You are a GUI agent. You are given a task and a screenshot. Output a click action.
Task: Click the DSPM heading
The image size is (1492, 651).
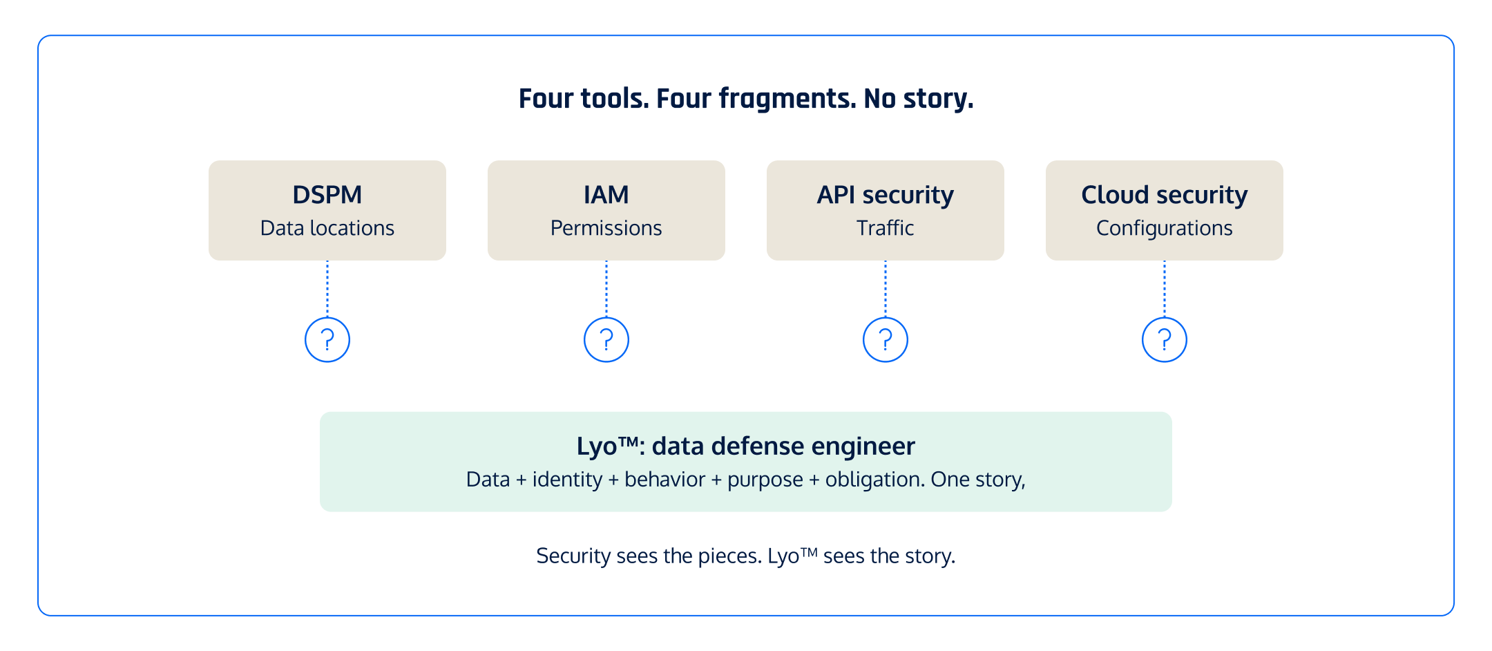click(x=327, y=195)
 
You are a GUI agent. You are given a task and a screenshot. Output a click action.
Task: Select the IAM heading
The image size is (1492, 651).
click(x=606, y=195)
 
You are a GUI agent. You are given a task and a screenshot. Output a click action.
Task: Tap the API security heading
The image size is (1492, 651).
click(x=885, y=195)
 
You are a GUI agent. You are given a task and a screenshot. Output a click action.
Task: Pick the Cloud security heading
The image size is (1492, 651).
click(x=1164, y=195)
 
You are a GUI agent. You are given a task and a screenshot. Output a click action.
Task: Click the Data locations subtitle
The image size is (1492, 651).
click(x=327, y=228)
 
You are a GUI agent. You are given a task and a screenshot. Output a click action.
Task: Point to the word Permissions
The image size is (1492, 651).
click(x=606, y=228)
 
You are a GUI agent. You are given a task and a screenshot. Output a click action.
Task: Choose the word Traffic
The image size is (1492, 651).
click(x=885, y=228)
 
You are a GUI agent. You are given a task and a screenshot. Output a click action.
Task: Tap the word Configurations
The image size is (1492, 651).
click(x=1164, y=228)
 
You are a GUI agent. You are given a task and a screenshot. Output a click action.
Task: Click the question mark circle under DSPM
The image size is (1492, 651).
click(x=327, y=339)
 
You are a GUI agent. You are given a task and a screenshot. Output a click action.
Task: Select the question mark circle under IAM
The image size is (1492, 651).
click(x=606, y=339)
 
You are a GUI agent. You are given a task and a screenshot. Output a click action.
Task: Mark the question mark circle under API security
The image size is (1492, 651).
click(x=886, y=339)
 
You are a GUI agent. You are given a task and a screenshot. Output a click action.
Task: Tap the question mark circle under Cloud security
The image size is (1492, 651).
click(x=1165, y=339)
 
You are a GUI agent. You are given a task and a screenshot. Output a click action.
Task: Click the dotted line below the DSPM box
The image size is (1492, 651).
click(x=327, y=288)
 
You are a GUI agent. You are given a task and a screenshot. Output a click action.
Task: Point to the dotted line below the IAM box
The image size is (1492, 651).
click(x=606, y=288)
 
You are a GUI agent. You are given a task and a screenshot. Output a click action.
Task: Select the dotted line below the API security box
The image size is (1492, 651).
click(x=886, y=288)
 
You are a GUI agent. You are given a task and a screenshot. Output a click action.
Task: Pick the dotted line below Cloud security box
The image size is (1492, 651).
click(x=1165, y=288)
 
